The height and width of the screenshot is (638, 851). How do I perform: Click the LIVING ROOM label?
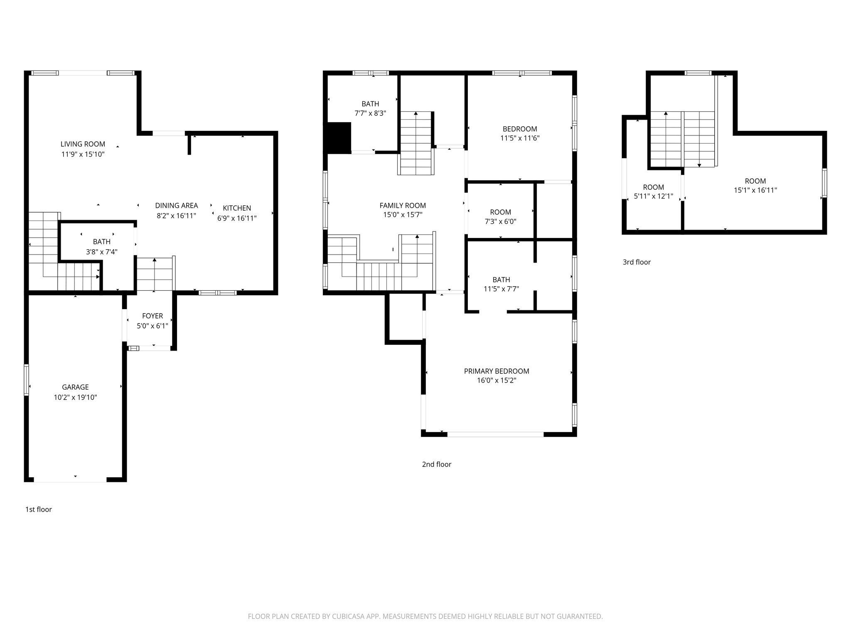tap(83, 144)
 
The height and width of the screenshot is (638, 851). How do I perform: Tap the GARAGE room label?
tap(75, 387)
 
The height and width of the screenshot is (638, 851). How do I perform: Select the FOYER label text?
tap(152, 316)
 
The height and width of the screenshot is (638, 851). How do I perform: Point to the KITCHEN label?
tap(237, 208)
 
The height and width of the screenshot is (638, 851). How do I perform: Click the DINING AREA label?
tap(177, 206)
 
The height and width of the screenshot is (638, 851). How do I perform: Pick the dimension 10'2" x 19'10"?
tap(75, 398)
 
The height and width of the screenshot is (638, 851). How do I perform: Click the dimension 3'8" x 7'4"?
tap(102, 252)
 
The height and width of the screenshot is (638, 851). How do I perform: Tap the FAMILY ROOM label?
tap(403, 206)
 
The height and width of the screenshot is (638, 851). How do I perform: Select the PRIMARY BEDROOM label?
tap(497, 371)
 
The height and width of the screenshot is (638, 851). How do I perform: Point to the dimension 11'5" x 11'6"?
tap(520, 138)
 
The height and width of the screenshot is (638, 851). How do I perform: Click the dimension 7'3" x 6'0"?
tap(501, 222)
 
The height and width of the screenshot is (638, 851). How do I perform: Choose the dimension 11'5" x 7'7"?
tap(501, 289)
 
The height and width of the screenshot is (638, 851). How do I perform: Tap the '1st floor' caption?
tap(39, 510)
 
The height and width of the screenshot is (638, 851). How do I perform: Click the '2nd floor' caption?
tap(437, 464)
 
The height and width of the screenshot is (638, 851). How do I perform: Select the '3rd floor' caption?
tap(637, 262)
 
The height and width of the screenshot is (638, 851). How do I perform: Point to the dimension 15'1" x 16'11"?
tap(755, 191)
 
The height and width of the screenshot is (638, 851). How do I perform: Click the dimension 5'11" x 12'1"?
tap(654, 196)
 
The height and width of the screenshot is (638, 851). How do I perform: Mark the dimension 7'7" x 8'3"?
tap(370, 113)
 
